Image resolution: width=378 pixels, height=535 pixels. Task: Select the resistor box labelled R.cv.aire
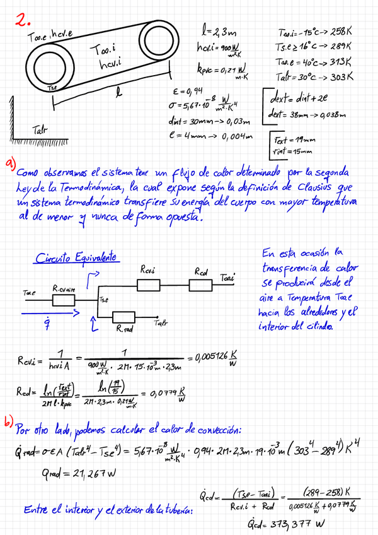point(64,302)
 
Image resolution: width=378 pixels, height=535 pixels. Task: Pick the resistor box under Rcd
point(201,286)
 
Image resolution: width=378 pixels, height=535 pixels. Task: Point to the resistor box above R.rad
point(124,317)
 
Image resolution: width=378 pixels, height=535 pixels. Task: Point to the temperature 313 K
point(340,61)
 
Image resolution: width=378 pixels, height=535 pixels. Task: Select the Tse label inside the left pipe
point(54,88)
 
